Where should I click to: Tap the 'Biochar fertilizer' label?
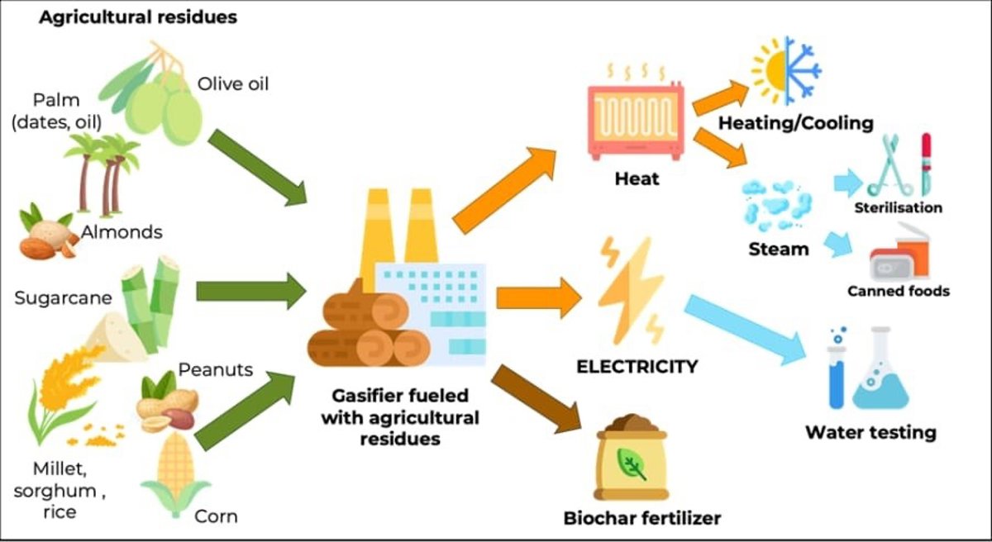point(642,518)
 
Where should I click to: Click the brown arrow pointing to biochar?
point(537,397)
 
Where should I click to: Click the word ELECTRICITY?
point(637,365)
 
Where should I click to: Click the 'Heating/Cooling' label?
point(795,124)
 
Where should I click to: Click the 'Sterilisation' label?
point(899,207)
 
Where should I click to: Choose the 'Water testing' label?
point(870,432)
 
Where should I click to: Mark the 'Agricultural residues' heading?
point(137,17)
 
